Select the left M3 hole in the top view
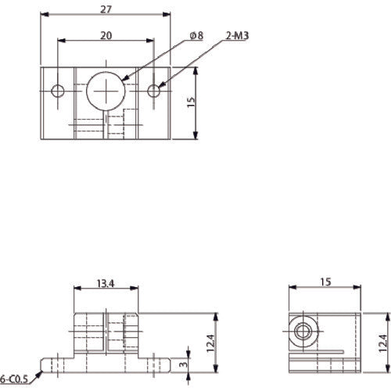point(58,91)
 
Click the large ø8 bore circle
point(105,91)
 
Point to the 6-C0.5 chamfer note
point(14,379)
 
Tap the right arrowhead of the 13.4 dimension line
point(138,289)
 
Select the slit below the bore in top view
point(106,125)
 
